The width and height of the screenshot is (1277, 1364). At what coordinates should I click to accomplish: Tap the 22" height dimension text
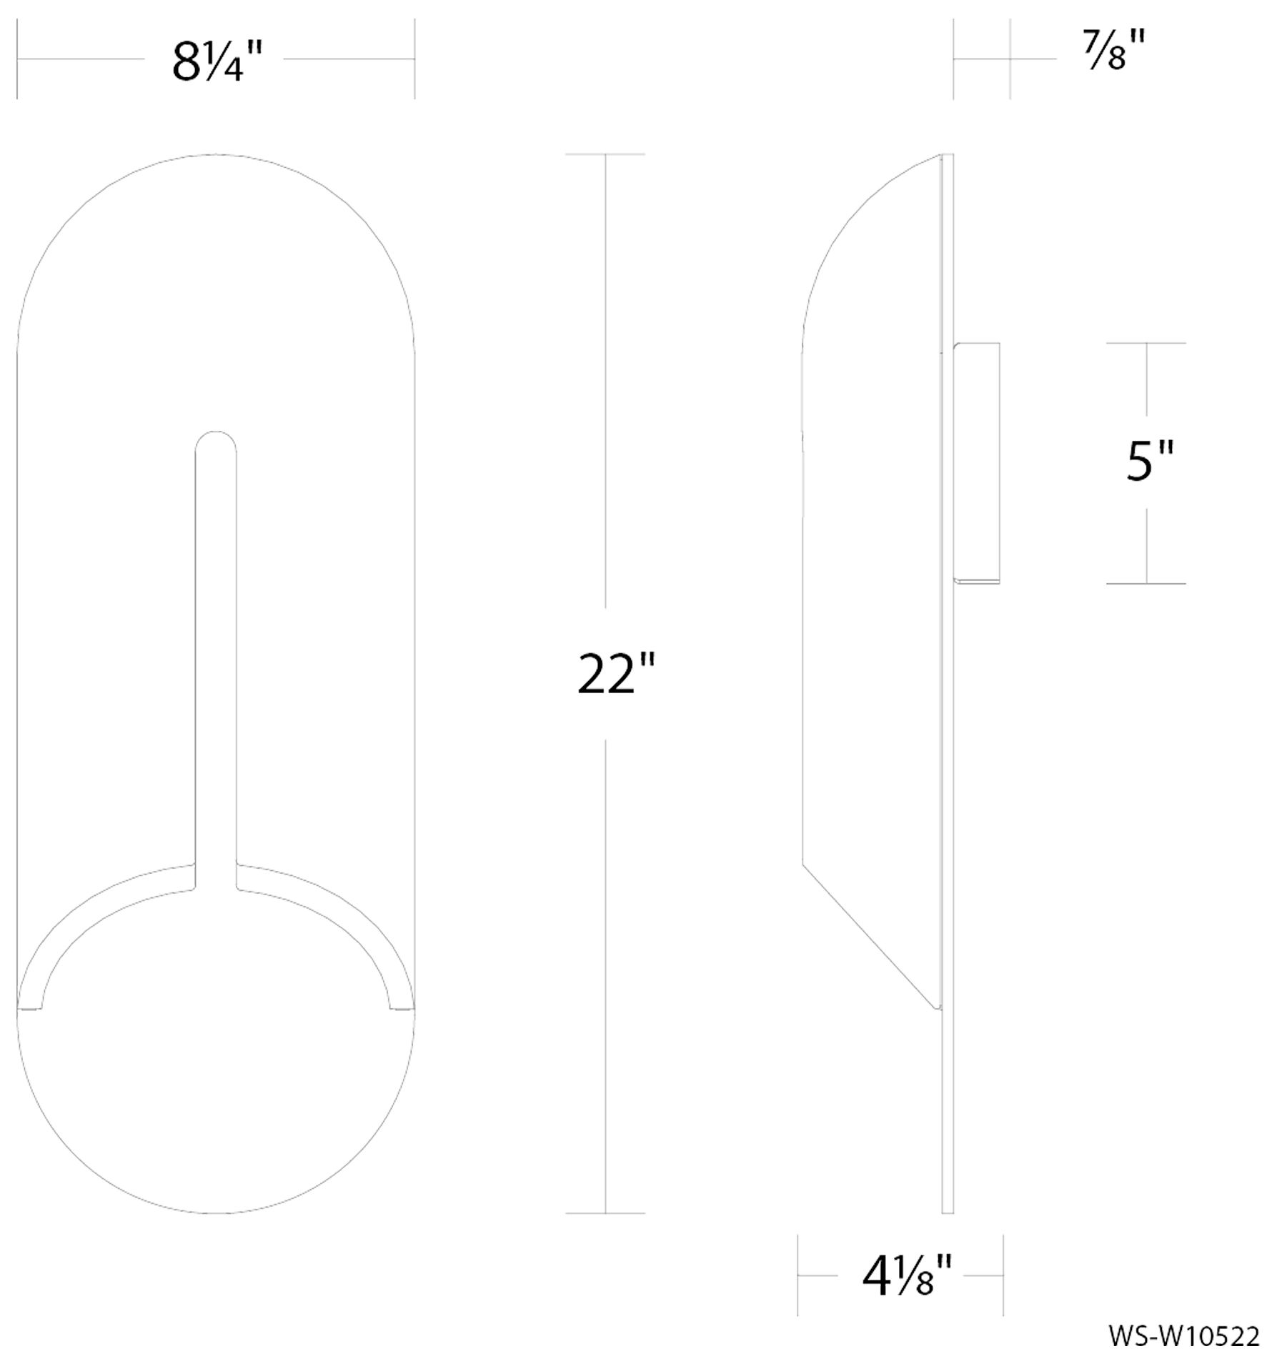[615, 674]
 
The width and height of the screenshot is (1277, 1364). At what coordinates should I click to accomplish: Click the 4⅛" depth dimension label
[907, 1276]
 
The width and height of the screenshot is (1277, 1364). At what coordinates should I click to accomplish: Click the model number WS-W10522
[1184, 1335]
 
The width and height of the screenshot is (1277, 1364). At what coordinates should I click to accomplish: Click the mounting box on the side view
[977, 462]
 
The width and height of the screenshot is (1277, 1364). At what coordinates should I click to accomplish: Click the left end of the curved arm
[30, 1007]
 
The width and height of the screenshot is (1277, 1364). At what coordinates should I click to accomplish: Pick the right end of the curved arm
[402, 1007]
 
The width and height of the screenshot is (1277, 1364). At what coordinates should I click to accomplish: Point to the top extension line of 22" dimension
[605, 154]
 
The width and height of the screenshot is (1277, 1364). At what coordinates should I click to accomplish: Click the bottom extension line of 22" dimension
[605, 1213]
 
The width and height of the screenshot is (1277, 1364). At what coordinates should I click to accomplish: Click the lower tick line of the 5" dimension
[1146, 583]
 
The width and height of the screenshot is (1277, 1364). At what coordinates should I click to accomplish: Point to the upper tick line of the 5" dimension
[1146, 343]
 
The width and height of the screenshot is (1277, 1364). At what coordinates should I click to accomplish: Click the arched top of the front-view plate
[216, 155]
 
